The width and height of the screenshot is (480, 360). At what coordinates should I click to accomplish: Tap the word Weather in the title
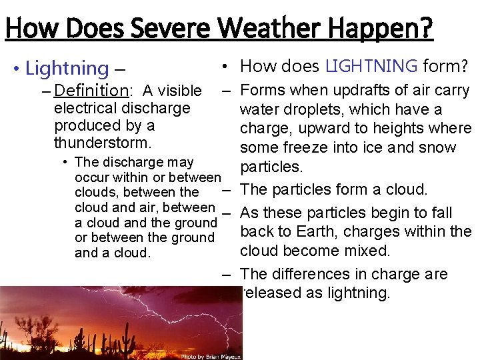(264, 29)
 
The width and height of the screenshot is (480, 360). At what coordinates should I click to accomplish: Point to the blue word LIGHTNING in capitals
(372, 66)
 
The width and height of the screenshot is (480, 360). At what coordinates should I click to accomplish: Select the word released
(269, 293)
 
